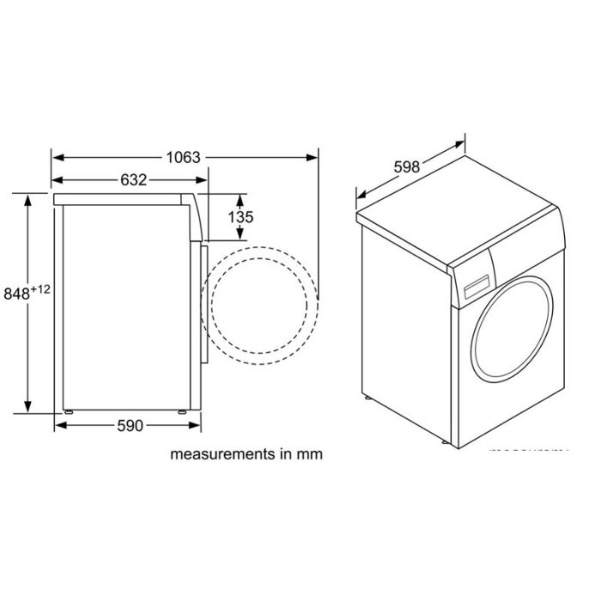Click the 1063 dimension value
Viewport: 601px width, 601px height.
coord(184,157)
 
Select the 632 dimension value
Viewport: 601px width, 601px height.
coord(133,180)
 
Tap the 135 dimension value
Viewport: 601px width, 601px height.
coord(241,217)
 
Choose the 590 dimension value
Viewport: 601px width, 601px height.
coord(127,426)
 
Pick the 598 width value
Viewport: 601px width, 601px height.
coord(407,167)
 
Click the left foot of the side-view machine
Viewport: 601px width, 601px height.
coord(66,413)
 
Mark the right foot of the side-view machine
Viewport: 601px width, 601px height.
coord(183,413)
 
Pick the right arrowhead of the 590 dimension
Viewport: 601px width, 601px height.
coord(195,426)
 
